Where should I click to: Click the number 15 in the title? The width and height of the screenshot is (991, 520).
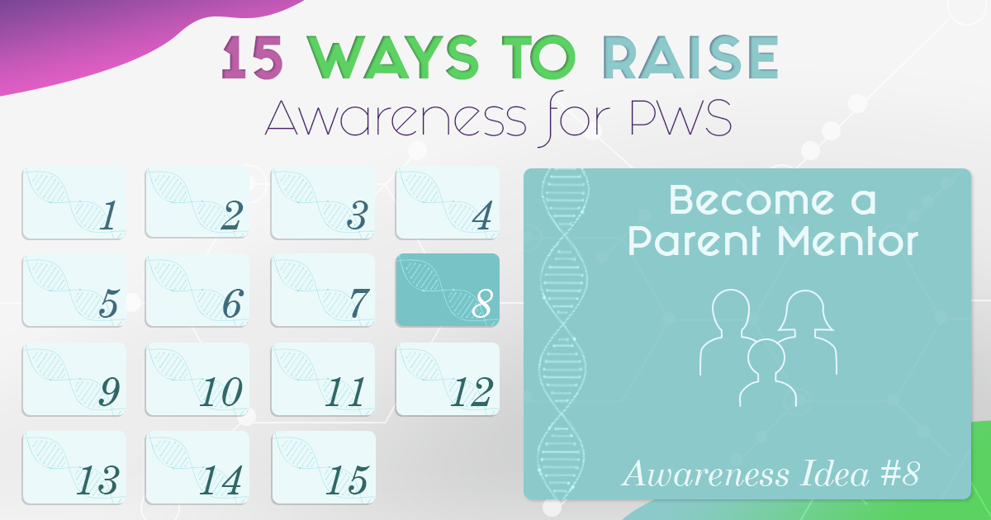click(x=252, y=58)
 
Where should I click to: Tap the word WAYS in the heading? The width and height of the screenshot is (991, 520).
click(x=394, y=58)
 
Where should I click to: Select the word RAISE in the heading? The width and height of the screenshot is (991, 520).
click(x=690, y=58)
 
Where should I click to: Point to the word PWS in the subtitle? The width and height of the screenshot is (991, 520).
click(x=680, y=117)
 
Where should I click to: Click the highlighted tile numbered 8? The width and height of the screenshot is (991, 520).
click(x=448, y=290)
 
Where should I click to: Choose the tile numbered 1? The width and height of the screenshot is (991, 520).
click(x=74, y=203)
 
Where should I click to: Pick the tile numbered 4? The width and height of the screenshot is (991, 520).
click(x=448, y=203)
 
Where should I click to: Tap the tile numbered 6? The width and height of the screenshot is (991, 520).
click(x=197, y=290)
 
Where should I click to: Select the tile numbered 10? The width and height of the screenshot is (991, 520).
click(x=197, y=379)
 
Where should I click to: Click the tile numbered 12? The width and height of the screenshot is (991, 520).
click(x=448, y=379)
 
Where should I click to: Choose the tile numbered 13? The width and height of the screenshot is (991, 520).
click(x=74, y=467)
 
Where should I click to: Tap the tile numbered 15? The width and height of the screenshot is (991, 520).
click(x=324, y=467)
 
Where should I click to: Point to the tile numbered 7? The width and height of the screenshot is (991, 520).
click(x=324, y=290)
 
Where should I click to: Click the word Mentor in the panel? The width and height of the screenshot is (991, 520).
click(x=847, y=241)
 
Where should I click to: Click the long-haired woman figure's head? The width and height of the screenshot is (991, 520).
click(x=806, y=310)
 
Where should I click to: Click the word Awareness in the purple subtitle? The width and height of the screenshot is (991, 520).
click(x=396, y=117)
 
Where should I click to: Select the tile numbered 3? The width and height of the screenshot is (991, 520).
click(x=324, y=203)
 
